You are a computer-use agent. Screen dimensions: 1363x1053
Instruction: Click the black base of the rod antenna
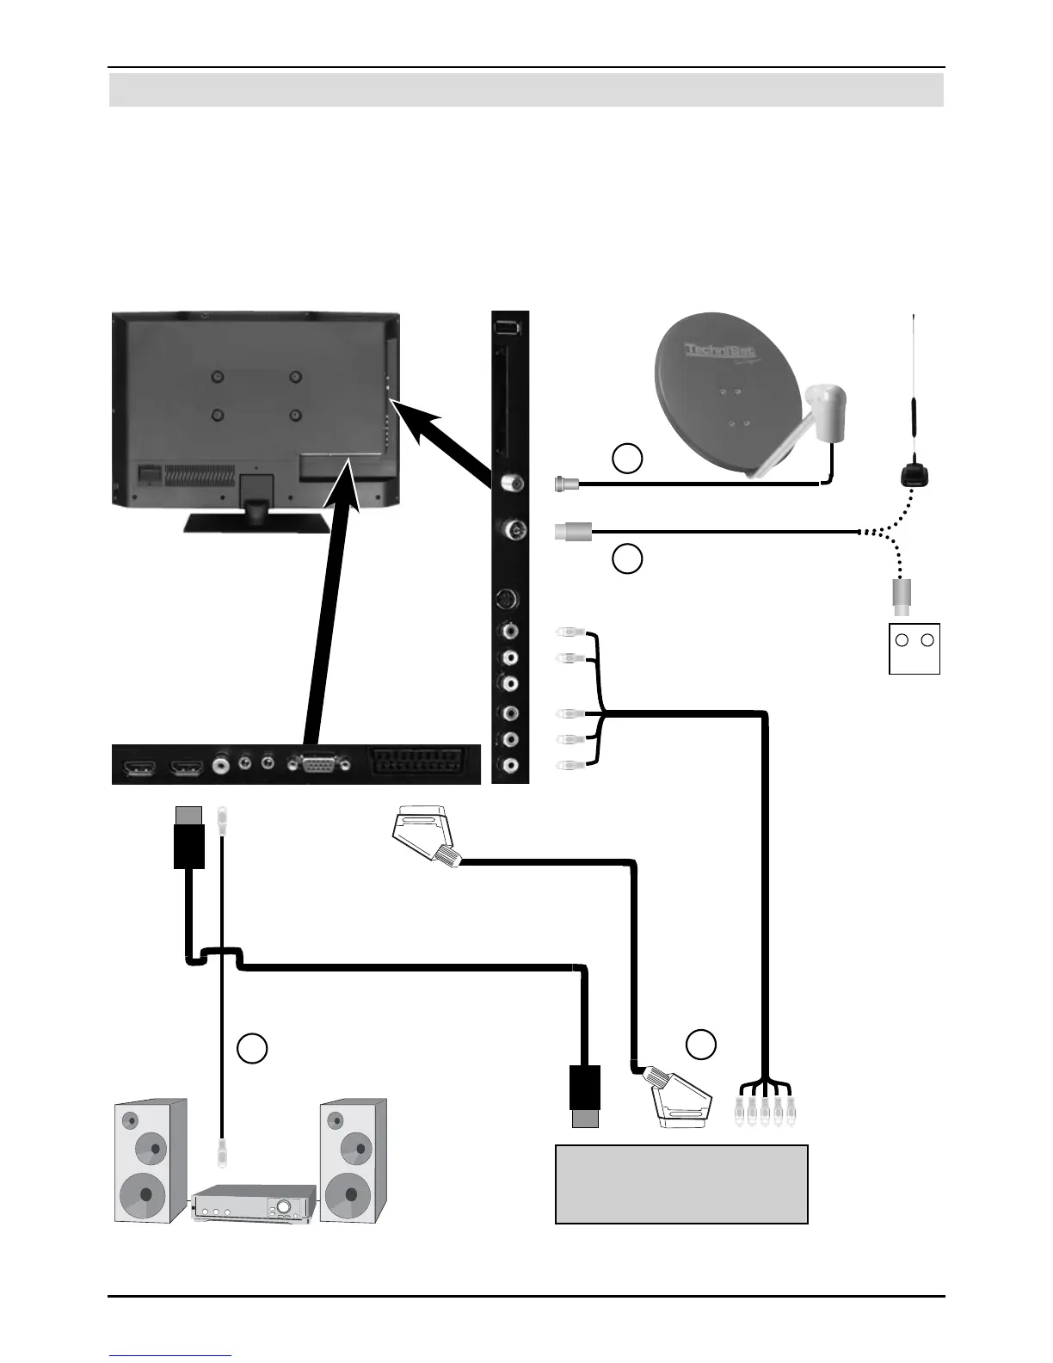pos(912,474)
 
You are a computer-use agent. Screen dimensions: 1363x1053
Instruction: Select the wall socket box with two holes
pos(914,649)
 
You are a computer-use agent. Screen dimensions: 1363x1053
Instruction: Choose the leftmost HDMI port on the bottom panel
pos(140,764)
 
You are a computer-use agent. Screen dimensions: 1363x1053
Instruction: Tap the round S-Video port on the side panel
pos(510,600)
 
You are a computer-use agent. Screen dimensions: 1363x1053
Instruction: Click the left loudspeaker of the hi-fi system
pos(151,1160)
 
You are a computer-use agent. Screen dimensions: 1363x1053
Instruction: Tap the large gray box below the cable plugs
pos(681,1184)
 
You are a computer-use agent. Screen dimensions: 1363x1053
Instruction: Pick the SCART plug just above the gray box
pos(680,1099)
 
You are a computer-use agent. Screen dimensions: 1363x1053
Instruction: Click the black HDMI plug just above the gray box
pos(585,1094)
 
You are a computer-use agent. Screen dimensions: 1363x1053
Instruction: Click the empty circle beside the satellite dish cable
pos(627,459)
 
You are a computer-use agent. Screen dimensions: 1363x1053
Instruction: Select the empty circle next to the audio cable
pos(251,1048)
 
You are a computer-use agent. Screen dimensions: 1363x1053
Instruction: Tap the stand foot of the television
pos(255,520)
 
